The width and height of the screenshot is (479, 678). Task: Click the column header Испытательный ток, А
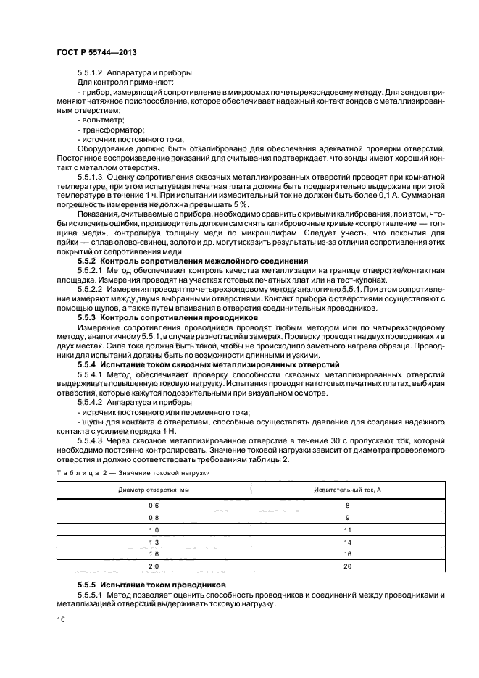pyautogui.click(x=348, y=490)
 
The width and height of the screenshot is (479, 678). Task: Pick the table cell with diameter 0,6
pyautogui.click(x=153, y=504)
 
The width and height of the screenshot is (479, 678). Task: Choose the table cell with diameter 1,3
pyautogui.click(x=153, y=541)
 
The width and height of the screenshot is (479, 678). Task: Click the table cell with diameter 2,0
pyautogui.click(x=153, y=566)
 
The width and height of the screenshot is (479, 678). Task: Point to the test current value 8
pyautogui.click(x=348, y=504)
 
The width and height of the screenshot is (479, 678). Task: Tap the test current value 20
pyautogui.click(x=348, y=566)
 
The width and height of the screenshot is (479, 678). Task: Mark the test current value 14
pyautogui.click(x=348, y=541)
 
